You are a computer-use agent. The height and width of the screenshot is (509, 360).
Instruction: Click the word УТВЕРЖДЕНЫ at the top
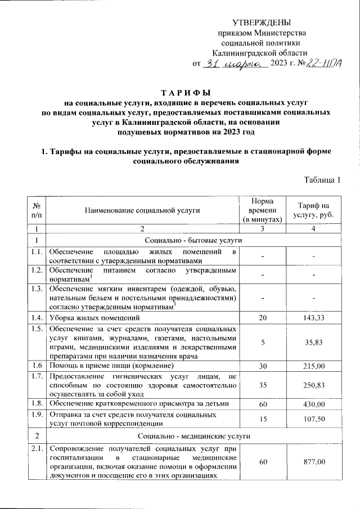click(x=262, y=22)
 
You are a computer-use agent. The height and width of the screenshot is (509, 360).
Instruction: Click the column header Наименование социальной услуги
click(x=142, y=210)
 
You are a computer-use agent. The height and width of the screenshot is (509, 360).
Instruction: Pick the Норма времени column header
click(x=263, y=210)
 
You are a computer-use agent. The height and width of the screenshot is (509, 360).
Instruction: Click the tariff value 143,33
click(x=313, y=318)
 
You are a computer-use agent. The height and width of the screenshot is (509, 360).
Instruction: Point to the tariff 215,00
click(x=313, y=366)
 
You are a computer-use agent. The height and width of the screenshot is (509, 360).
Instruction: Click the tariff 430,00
click(x=313, y=404)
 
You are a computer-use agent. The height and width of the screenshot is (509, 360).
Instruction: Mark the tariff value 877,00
click(x=313, y=462)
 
